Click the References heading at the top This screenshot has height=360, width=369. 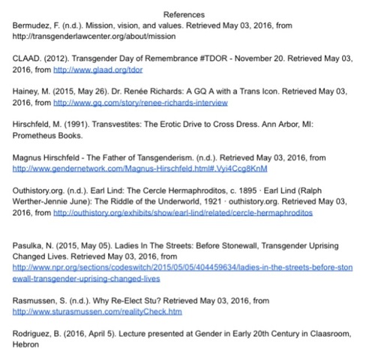184,14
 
